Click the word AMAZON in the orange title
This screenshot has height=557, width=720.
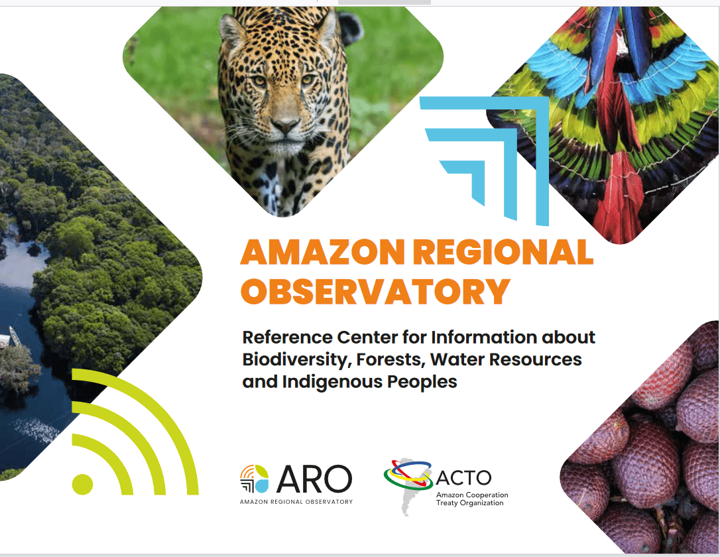(x=322, y=251)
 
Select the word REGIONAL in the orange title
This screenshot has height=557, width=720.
(x=503, y=251)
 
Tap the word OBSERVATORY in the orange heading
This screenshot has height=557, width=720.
(x=375, y=291)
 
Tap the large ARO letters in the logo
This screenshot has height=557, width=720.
(x=314, y=479)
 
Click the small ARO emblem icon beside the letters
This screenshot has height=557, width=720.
(x=255, y=479)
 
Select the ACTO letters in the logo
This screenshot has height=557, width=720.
(x=463, y=478)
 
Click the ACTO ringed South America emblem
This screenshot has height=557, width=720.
(x=408, y=482)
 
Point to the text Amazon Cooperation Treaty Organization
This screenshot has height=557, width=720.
(x=472, y=499)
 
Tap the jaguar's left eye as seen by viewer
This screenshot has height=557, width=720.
(x=260, y=81)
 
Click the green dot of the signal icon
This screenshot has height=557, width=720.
(x=83, y=484)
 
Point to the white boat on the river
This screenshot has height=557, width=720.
(x=15, y=336)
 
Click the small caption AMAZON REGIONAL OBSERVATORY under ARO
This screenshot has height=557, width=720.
(x=296, y=502)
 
